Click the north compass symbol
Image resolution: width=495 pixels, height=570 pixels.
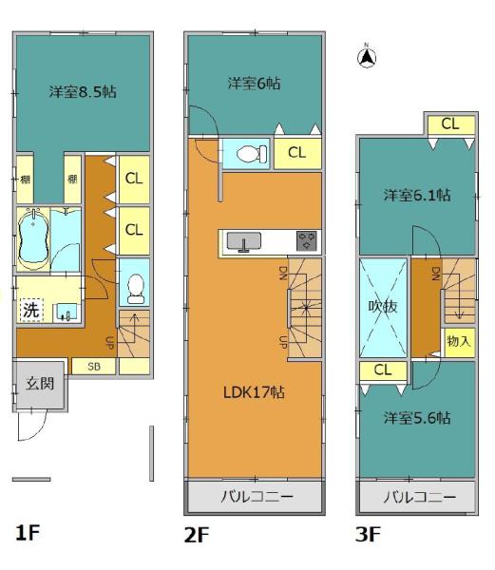click(365, 58)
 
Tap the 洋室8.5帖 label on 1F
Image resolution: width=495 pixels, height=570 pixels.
click(84, 93)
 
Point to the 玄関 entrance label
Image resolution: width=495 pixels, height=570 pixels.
click(38, 385)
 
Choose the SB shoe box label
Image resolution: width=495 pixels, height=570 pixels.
click(94, 366)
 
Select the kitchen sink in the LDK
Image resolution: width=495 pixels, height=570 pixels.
click(245, 243)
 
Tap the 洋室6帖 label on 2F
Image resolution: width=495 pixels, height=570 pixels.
click(254, 84)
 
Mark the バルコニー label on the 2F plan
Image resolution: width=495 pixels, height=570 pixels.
click(253, 497)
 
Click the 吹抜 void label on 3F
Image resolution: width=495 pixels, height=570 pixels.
click(383, 308)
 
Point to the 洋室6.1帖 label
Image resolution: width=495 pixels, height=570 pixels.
click(416, 195)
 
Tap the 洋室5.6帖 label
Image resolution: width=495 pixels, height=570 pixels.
click(417, 417)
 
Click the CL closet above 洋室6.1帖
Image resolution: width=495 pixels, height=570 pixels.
click(449, 124)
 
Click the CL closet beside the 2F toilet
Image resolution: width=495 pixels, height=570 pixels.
click(296, 153)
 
